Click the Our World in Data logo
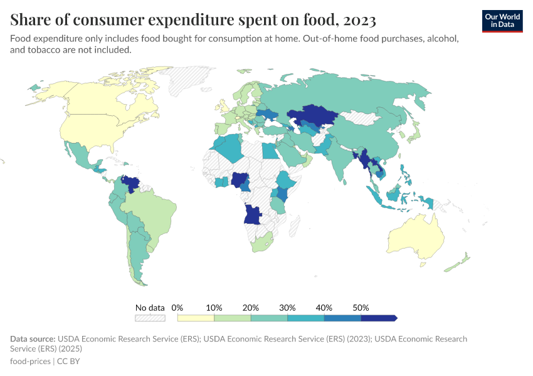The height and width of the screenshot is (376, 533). pyautogui.click(x=502, y=21)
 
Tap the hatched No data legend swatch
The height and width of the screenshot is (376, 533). pyautogui.click(x=150, y=318)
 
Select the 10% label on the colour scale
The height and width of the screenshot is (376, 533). pyautogui.click(x=214, y=308)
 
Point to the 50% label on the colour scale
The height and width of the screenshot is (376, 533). pyautogui.click(x=361, y=308)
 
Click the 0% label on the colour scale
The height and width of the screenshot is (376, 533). pyautogui.click(x=177, y=308)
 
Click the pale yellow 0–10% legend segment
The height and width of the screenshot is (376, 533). pyautogui.click(x=196, y=318)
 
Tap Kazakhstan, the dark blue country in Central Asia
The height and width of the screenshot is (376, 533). pyautogui.click(x=312, y=116)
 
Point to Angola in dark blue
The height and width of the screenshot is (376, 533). pyautogui.click(x=252, y=214)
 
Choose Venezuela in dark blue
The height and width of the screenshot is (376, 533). pyautogui.click(x=130, y=183)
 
